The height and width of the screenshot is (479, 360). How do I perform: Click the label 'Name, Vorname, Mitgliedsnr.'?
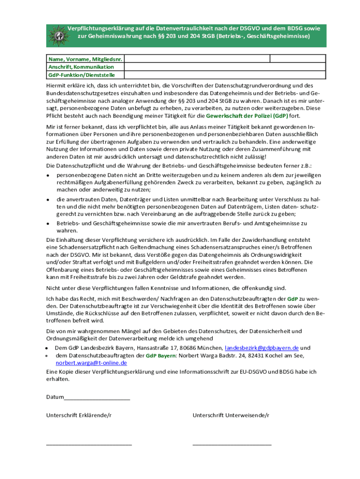(86, 59)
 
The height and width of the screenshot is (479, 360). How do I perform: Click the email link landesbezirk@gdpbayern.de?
(262, 348)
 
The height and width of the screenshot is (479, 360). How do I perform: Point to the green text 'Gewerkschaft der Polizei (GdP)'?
(247, 116)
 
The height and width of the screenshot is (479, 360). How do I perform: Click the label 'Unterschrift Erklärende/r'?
(79, 415)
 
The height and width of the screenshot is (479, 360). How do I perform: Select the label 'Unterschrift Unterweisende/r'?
(230, 415)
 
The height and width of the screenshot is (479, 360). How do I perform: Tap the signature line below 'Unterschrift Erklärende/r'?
(89, 444)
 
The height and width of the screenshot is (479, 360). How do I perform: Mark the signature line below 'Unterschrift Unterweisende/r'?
(232, 444)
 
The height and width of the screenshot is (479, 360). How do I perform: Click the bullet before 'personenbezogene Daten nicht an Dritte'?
(48, 175)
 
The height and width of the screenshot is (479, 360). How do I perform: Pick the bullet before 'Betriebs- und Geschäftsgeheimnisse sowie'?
(48, 224)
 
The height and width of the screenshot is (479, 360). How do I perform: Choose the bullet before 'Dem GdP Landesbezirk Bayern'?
(48, 348)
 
